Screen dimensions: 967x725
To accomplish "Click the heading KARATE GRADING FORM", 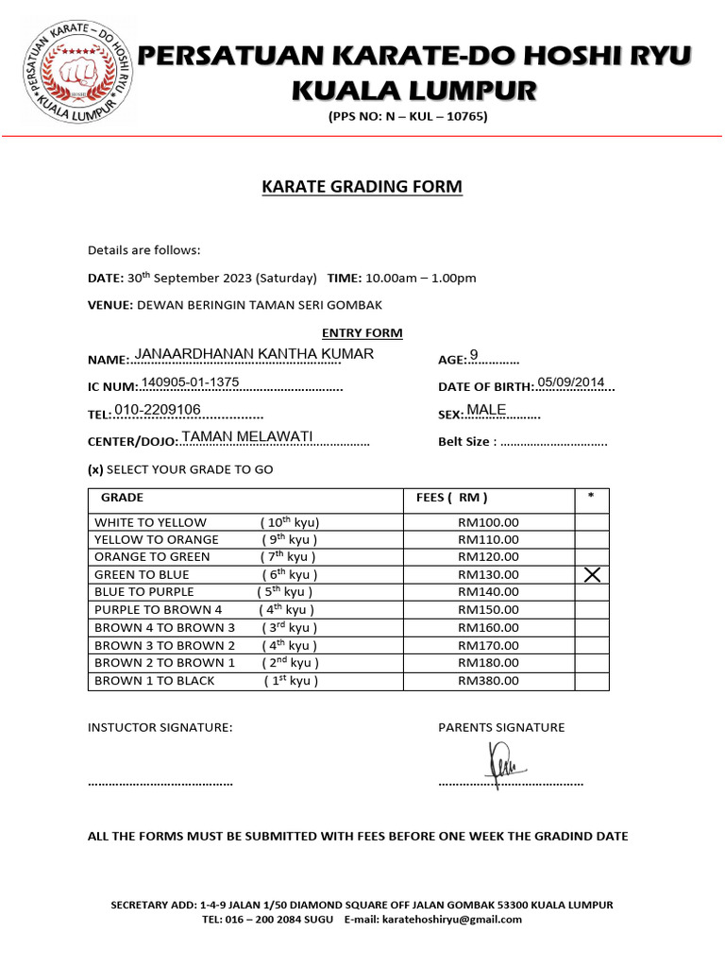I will (x=362, y=187).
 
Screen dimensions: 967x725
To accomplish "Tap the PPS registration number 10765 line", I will (x=407, y=117).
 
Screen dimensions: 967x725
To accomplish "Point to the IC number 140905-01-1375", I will (x=190, y=382).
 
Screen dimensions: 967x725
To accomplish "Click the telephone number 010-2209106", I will (x=157, y=409).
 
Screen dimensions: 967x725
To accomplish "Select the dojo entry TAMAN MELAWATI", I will (x=246, y=436).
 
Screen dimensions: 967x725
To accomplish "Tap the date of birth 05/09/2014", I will (x=570, y=382).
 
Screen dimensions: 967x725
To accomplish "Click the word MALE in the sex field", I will (x=486, y=409).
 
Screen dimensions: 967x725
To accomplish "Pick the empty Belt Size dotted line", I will (x=553, y=442).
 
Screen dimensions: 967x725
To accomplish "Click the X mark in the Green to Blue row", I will (x=592, y=575).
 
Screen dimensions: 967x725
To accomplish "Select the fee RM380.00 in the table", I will (x=488, y=680).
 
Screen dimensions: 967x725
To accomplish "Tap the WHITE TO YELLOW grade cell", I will (x=150, y=522).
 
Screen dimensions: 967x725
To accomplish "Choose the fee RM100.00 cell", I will (x=488, y=522).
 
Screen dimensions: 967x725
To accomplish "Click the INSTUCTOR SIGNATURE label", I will (x=160, y=727).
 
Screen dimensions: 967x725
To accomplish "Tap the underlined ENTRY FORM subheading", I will (x=362, y=333).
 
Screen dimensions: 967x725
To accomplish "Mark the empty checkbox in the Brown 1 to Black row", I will (x=592, y=680).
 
